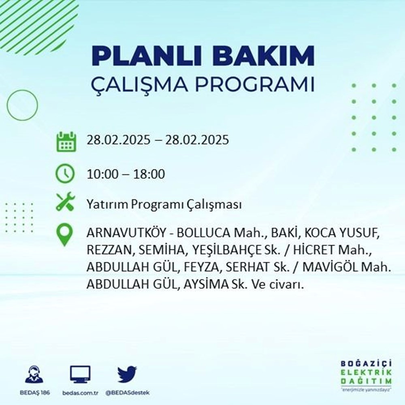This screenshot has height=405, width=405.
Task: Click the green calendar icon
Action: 66,141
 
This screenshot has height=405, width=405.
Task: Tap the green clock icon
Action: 66,175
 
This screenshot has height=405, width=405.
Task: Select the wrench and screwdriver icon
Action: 65,202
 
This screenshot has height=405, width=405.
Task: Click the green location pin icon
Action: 65,235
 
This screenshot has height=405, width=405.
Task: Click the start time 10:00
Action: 102,175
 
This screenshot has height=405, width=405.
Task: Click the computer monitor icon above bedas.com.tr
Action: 80,375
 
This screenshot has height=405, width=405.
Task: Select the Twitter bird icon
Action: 127,375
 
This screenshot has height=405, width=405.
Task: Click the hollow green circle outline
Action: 22,105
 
